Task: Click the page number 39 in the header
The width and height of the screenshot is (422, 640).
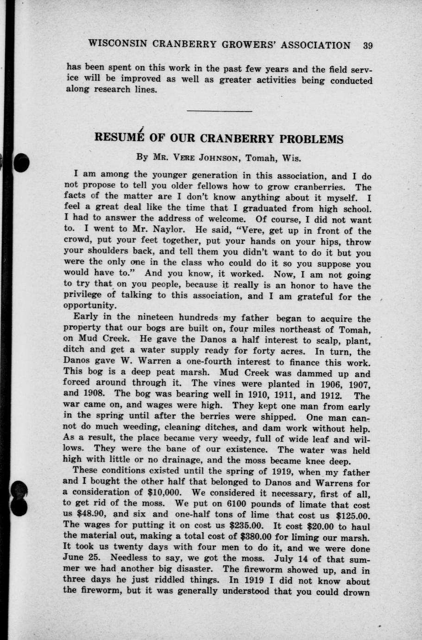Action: (368, 45)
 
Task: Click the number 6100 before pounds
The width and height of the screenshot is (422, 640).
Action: (223, 504)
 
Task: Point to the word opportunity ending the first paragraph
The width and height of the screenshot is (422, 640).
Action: (89, 306)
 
